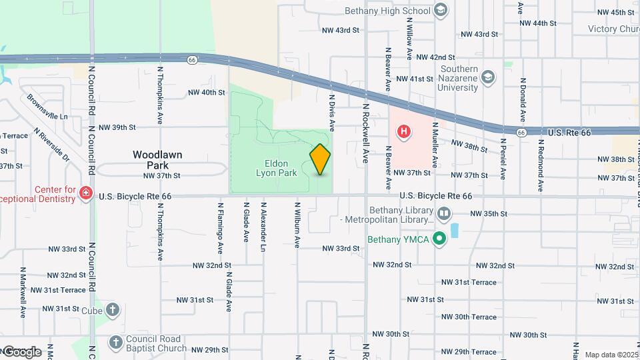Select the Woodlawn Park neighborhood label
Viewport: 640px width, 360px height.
click(x=157, y=159)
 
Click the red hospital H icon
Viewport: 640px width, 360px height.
click(x=403, y=132)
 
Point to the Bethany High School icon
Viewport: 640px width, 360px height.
click(x=440, y=10)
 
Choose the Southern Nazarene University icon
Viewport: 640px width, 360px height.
click(x=488, y=77)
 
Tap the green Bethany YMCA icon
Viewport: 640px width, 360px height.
click(x=439, y=238)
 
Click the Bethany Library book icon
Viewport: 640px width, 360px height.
click(x=444, y=214)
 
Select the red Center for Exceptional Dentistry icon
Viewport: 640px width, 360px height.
click(x=85, y=193)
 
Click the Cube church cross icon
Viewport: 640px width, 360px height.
click(x=113, y=310)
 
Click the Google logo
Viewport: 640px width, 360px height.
click(x=21, y=351)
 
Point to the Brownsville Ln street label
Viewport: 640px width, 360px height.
click(x=47, y=107)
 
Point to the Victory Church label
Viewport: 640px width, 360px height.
click(x=613, y=29)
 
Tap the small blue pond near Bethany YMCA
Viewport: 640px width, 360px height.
click(x=455, y=231)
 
